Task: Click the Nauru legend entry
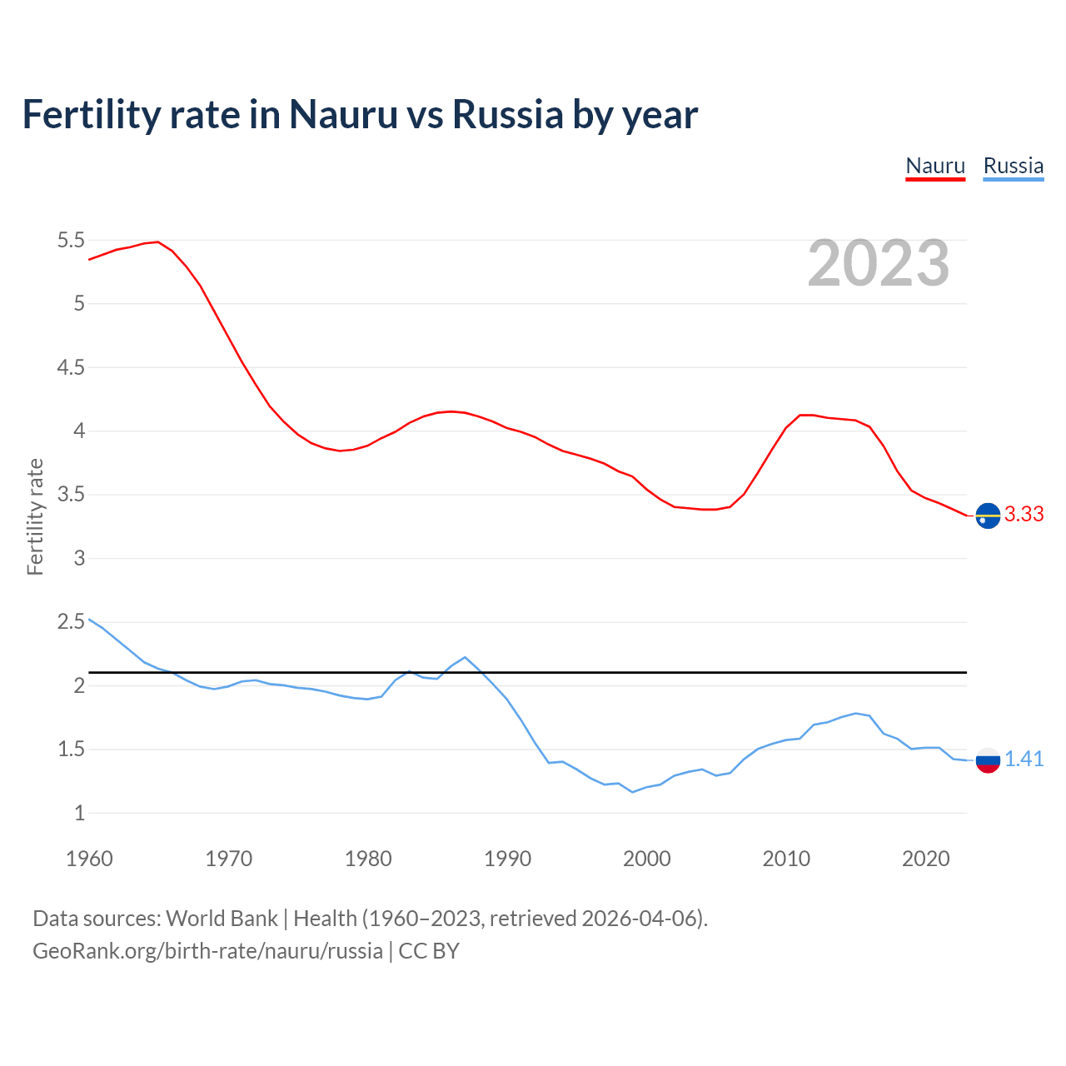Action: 935,166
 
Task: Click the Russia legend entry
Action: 1013,166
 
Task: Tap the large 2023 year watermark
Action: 878,263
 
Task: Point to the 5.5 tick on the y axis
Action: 71,241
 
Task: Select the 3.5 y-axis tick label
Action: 71,495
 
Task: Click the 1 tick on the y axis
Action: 79,814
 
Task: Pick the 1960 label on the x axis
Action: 89,859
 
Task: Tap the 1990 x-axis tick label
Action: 507,859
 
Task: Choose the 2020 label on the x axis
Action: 925,859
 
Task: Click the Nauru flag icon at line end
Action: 988,516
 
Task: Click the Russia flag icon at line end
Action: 988,760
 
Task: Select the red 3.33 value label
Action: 1024,515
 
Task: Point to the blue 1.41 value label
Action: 1024,759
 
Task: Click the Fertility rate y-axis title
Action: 35,516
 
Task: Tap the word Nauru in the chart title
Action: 343,115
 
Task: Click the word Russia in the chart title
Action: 508,115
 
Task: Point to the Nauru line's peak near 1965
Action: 157,242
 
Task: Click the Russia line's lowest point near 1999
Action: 633,792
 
